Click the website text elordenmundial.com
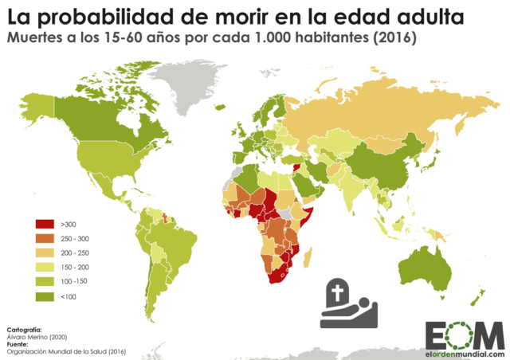coord(465,354)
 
